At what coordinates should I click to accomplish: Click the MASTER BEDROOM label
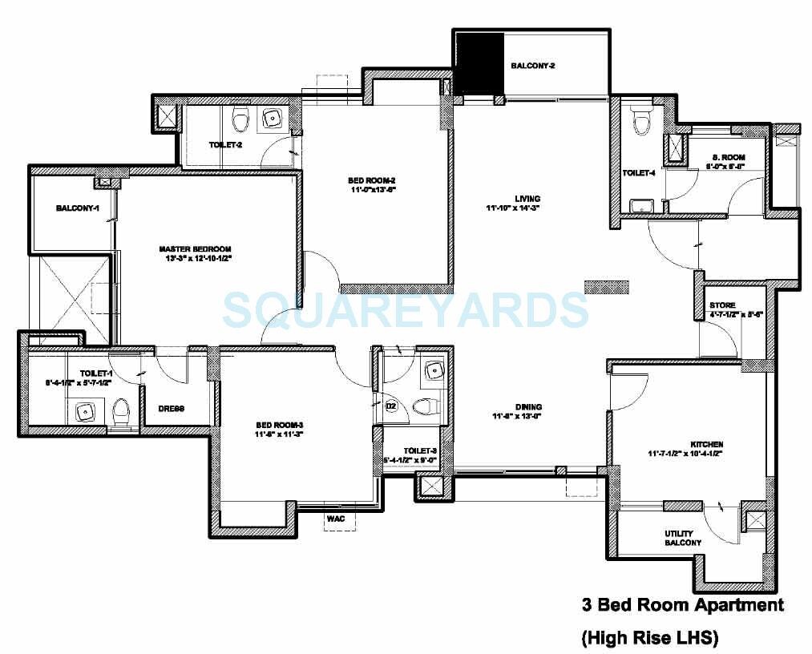(x=196, y=248)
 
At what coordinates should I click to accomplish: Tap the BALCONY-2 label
(x=533, y=66)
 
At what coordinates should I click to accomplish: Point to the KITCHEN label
(x=707, y=444)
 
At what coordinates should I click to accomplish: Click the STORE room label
(x=722, y=305)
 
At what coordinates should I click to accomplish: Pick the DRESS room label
(x=171, y=409)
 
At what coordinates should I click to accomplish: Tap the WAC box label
(x=336, y=519)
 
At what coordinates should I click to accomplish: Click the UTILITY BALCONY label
(x=683, y=538)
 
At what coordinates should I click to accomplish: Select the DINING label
(x=507, y=406)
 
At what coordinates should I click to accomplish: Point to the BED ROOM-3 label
(x=278, y=425)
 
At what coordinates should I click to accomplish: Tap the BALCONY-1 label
(x=77, y=208)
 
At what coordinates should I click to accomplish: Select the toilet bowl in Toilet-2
(x=238, y=121)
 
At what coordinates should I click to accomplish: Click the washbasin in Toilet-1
(x=83, y=412)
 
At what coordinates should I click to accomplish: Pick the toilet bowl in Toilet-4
(x=640, y=122)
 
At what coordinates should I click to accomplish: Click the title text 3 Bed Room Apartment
(x=682, y=605)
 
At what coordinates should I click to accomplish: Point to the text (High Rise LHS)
(x=649, y=638)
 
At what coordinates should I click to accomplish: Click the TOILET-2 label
(x=226, y=145)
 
